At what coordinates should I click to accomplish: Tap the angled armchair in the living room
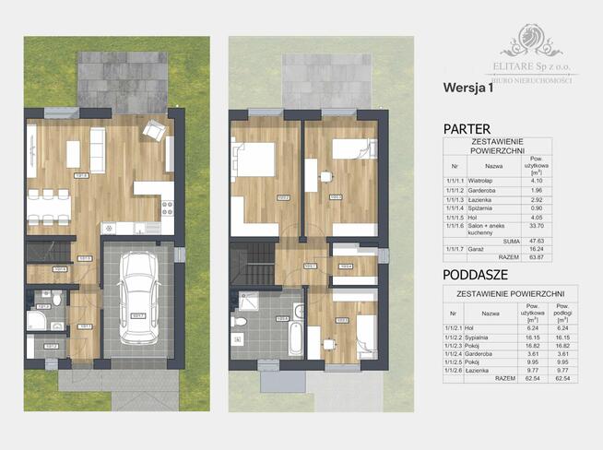coord(154,133)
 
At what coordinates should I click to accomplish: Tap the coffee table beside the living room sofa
coord(73,154)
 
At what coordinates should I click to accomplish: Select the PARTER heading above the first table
coord(467,129)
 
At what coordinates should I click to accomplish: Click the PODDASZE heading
coord(475,274)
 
